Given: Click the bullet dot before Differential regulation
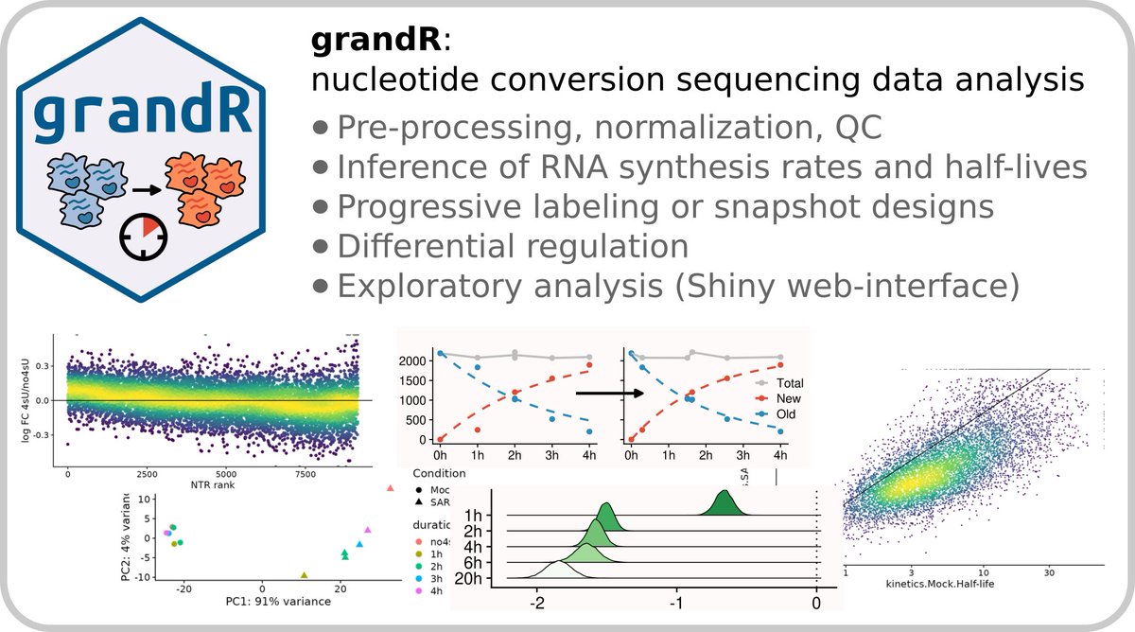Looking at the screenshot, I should [322, 246].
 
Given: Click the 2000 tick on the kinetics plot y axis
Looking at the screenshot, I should [414, 360].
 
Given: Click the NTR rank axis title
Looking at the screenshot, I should [212, 486].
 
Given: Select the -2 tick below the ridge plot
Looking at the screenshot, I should [535, 603].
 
